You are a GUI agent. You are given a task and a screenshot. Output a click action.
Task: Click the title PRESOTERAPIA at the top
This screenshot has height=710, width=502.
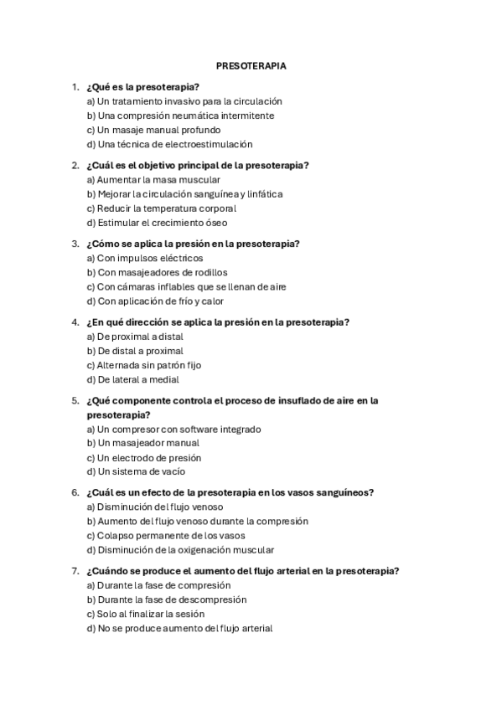coord(251,64)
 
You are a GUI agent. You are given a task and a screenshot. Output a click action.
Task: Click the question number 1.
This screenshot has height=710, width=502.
coord(75,86)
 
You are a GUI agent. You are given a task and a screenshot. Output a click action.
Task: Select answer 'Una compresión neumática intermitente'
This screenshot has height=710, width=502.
coord(180,116)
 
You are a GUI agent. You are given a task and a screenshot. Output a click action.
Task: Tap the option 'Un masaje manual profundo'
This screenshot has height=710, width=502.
coord(154,130)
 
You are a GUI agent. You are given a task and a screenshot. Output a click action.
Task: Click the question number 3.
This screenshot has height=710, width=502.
coord(75,244)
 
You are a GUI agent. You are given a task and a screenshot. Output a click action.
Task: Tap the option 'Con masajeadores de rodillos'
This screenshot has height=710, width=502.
coord(158,272)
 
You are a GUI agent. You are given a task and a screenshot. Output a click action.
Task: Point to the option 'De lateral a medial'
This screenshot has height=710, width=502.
coord(133,379)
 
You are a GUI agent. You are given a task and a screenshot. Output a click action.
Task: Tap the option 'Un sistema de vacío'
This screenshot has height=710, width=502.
coord(136,471)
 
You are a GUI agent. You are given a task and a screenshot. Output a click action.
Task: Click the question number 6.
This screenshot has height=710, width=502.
coord(75,492)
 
